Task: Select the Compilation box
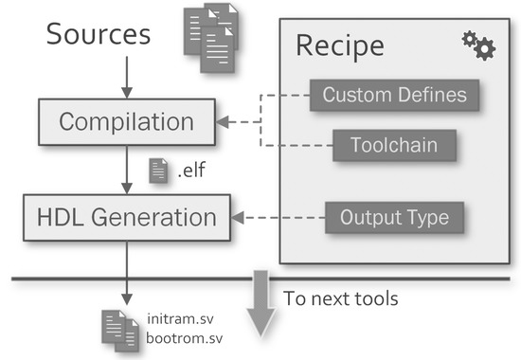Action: pos(126,121)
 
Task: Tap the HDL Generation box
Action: pos(127,217)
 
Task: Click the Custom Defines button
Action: pos(394,95)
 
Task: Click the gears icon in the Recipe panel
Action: pos(477,45)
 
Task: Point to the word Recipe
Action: pos(340,45)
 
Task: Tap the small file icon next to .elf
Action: pos(159,171)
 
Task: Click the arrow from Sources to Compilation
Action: pos(126,75)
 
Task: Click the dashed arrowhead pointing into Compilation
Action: pos(225,121)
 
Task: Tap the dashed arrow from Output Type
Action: pos(278,217)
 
